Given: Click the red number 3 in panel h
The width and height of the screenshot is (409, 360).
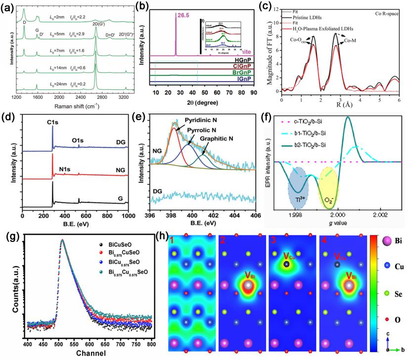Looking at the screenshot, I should (273, 241).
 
